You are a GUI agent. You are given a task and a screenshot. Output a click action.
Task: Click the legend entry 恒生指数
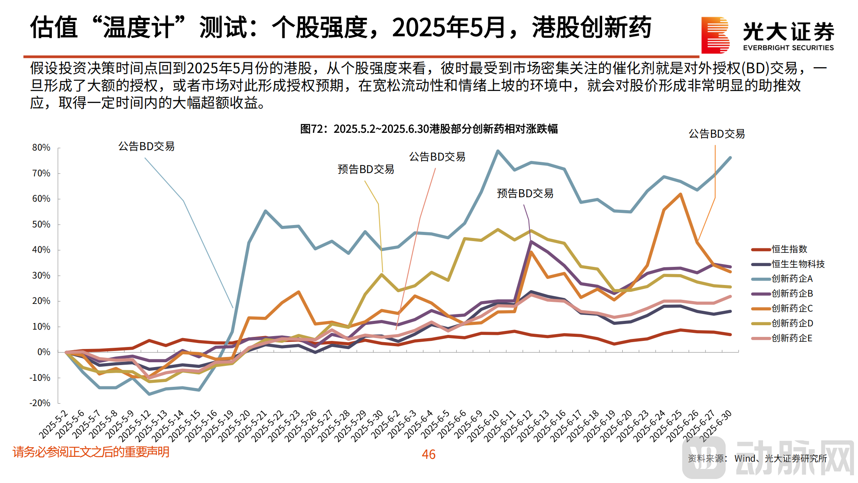[789, 249]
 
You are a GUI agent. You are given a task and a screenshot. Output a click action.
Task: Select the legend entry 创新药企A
[792, 279]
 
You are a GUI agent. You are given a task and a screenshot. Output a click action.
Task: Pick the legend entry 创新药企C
[792, 308]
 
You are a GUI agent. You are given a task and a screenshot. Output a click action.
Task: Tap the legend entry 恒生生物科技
[798, 264]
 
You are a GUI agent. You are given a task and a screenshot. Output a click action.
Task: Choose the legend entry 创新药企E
[792, 338]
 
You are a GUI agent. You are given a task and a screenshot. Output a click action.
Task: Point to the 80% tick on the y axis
[41, 148]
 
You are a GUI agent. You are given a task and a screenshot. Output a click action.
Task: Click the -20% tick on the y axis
[40, 403]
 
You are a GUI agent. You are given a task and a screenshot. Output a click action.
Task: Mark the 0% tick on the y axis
[43, 352]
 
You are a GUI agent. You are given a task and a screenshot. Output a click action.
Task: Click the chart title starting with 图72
[429, 129]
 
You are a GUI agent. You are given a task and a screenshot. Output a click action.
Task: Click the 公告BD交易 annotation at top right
[716, 134]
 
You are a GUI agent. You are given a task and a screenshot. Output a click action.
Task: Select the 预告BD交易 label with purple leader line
[525, 194]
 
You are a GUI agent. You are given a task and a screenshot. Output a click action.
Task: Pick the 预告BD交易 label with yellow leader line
[366, 169]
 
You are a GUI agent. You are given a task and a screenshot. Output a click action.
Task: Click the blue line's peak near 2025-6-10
[498, 151]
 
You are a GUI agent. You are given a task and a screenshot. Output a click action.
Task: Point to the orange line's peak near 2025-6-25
[680, 194]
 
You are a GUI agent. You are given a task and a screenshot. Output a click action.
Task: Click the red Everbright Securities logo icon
[715, 35]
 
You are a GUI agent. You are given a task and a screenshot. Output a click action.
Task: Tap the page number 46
[428, 454]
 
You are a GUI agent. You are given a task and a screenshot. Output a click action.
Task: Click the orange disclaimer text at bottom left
[91, 452]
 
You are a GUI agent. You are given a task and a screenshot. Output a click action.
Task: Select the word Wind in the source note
[745, 458]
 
